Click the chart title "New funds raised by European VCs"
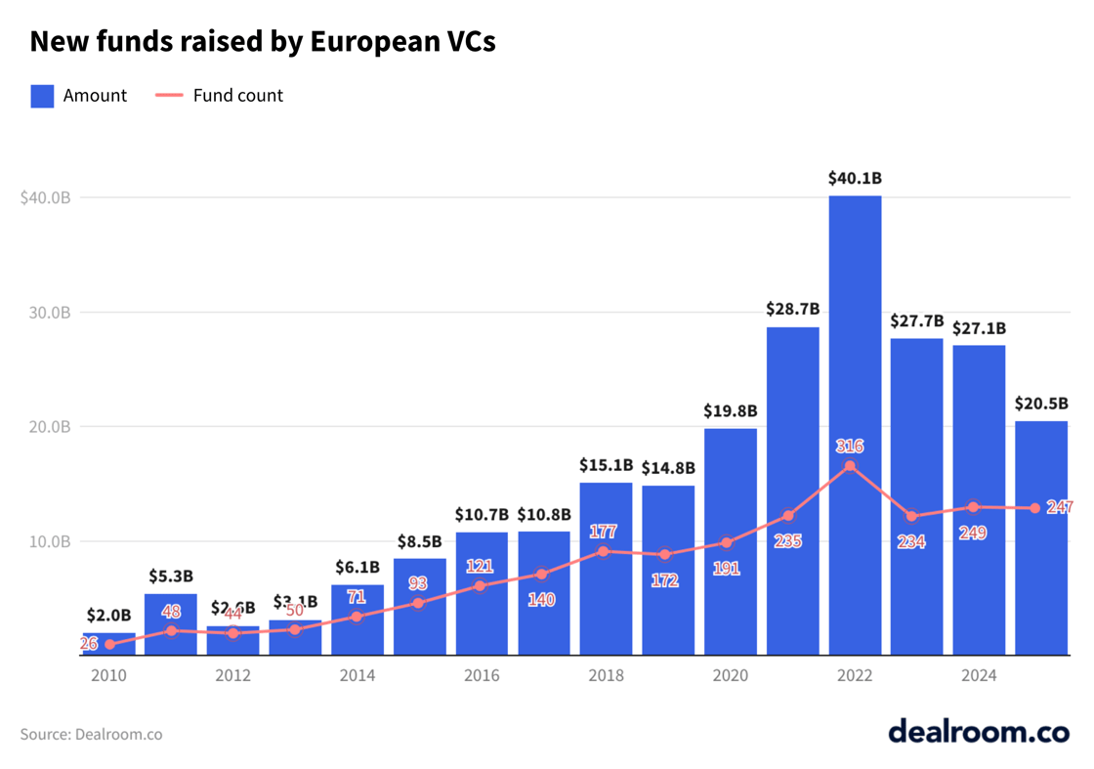click(262, 41)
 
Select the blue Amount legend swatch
click(42, 96)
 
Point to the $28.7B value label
click(792, 309)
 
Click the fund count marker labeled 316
click(849, 466)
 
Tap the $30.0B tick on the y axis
click(46, 313)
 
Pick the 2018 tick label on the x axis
click(606, 676)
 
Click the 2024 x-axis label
click(979, 676)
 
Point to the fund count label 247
click(1059, 507)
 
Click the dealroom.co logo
click(978, 731)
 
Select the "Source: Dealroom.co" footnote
click(91, 734)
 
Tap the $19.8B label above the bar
click(730, 411)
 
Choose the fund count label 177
click(603, 532)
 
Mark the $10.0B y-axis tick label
click(46, 541)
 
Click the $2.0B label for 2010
click(107, 616)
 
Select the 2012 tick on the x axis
click(232, 676)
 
